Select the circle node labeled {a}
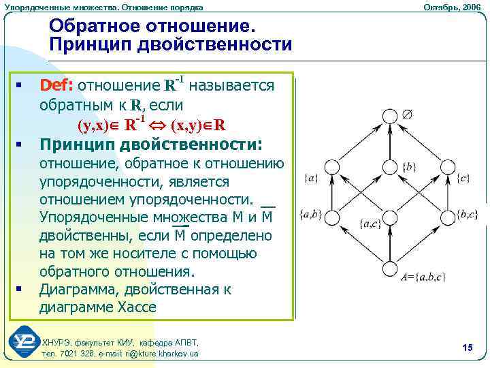(x=332, y=167)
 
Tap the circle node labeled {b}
(x=389, y=167)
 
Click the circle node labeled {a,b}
(x=332, y=216)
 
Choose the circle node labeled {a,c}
(x=389, y=216)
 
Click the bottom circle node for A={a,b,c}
(x=389, y=266)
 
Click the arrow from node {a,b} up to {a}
(x=332, y=191)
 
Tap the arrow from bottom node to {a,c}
(x=389, y=241)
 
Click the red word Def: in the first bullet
(x=58, y=86)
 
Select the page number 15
(x=467, y=348)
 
